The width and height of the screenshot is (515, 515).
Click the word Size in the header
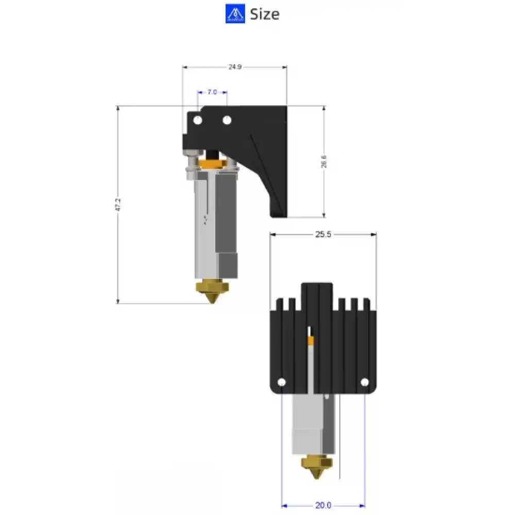pos(265,14)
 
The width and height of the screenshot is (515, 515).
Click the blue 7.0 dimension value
pos(212,92)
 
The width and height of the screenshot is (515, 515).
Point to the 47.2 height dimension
pos(118,205)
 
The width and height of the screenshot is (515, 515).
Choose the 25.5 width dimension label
pos(323,234)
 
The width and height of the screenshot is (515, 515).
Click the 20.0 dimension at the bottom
pos(323,505)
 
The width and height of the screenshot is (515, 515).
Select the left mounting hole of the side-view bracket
pos(197,120)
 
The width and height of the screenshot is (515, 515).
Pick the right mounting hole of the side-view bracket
pos(227,120)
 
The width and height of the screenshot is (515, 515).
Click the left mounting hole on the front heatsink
pos(281,383)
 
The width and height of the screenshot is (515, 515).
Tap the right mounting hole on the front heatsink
pos(365,383)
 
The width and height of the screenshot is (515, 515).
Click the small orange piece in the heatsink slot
pos(311,340)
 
